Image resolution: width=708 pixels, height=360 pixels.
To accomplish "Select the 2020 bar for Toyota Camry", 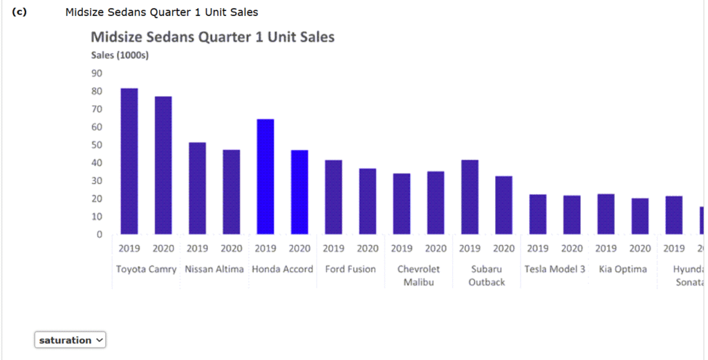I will click(163, 165).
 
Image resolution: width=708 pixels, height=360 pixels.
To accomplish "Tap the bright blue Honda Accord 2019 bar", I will click(265, 177).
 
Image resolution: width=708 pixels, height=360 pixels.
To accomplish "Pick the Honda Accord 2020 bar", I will click(299, 192).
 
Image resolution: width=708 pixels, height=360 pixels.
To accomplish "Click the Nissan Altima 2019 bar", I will click(198, 188).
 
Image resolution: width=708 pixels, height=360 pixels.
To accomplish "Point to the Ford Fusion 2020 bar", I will click(367, 201).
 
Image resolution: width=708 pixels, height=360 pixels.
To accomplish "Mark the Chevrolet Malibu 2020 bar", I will click(436, 202).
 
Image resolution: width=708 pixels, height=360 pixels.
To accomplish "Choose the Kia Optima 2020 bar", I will click(640, 216).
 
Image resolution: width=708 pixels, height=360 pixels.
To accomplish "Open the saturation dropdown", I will click(70, 340).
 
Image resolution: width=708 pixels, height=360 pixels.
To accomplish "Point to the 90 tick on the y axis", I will click(96, 73).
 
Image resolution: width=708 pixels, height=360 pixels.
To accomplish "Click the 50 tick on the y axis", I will click(96, 145).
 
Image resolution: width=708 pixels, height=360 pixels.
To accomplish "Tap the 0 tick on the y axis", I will click(99, 235).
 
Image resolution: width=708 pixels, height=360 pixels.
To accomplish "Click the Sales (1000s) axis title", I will click(120, 55).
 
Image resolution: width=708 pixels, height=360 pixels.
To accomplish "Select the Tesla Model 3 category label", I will click(555, 269).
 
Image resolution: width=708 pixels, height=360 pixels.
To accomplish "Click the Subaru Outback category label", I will click(487, 275).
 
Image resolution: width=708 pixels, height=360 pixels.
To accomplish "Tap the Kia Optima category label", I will click(622, 269).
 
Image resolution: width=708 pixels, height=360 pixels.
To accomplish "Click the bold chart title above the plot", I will click(212, 37).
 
